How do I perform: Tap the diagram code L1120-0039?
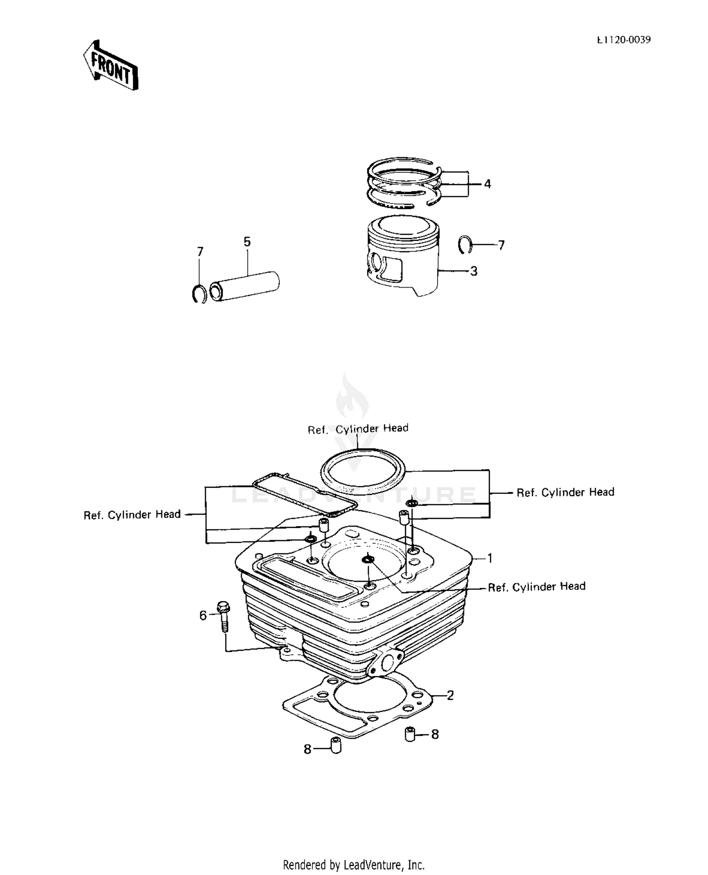click(x=624, y=40)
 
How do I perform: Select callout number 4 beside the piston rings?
click(x=487, y=184)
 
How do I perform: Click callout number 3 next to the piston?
click(x=473, y=271)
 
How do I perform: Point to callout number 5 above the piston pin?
click(x=247, y=242)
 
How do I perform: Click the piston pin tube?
click(x=245, y=286)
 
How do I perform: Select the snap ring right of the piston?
click(x=464, y=244)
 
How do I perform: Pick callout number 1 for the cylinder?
click(x=490, y=558)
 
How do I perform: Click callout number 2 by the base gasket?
click(x=450, y=695)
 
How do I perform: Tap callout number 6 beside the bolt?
click(x=203, y=615)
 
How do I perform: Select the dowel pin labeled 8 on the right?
click(x=410, y=734)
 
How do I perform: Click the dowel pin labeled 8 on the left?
click(x=336, y=745)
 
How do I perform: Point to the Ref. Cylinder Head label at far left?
click(x=132, y=515)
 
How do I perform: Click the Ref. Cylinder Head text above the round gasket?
click(x=358, y=429)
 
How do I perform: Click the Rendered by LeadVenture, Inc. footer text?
click(x=354, y=865)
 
